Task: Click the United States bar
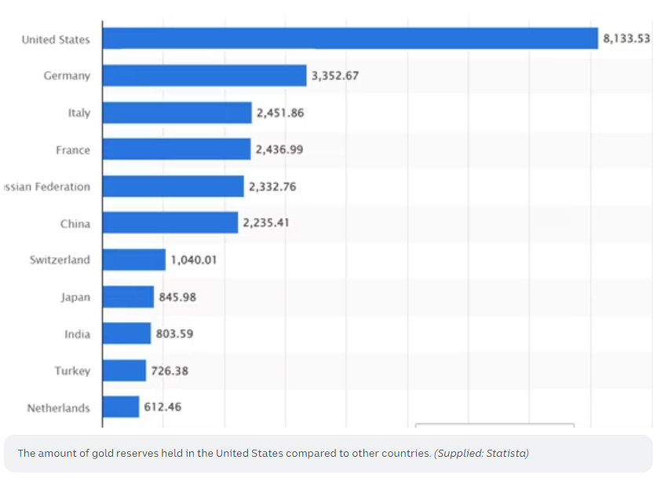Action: coord(350,39)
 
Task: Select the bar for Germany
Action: coord(204,75)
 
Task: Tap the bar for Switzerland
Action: coord(133,259)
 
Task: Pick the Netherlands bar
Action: coord(120,407)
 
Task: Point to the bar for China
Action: coord(170,222)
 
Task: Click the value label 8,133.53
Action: coord(626,39)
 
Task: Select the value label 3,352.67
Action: coord(335,75)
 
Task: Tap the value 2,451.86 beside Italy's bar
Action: coord(280,112)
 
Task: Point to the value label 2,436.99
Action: coord(279,149)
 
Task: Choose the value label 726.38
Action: coord(170,370)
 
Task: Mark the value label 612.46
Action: coord(163,407)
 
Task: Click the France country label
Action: coord(73,149)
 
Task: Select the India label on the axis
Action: coord(77,334)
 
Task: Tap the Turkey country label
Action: coord(72,370)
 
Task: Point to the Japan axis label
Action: coord(75,297)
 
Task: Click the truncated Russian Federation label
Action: coord(47,186)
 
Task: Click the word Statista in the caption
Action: coord(507,454)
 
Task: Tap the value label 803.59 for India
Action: coord(174,333)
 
